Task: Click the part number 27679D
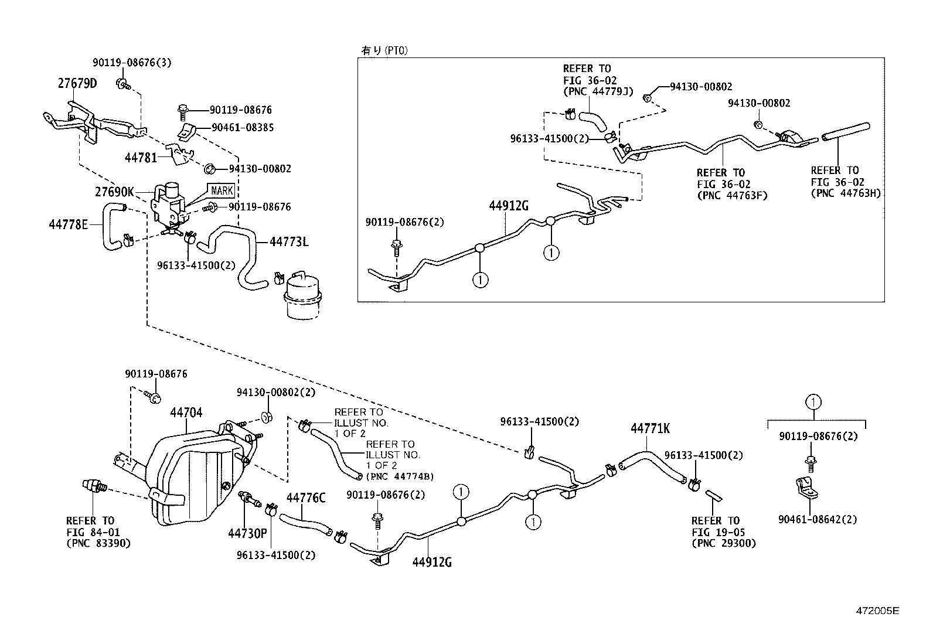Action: [77, 83]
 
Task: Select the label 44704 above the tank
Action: [186, 413]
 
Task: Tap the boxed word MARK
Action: [222, 190]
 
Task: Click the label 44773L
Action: [289, 241]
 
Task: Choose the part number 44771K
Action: [650, 429]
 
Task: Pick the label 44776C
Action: [305, 498]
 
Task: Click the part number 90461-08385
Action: [243, 127]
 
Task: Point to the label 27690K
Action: [115, 192]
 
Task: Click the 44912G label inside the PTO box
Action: [509, 206]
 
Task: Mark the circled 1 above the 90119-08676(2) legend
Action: [813, 402]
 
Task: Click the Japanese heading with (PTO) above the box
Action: [384, 50]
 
